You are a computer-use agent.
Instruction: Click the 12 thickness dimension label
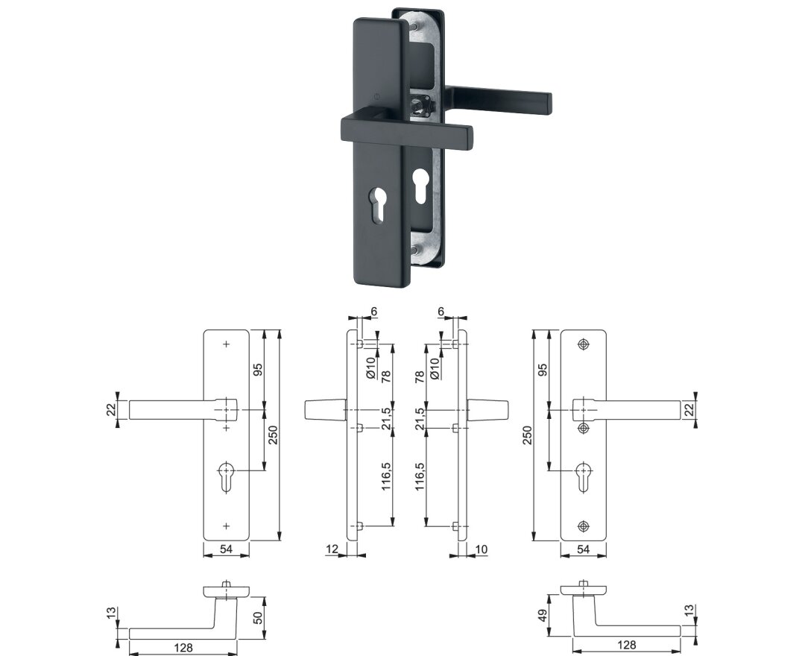(332, 549)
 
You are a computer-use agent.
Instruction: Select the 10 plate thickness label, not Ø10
(481, 549)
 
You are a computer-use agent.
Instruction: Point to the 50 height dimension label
(258, 617)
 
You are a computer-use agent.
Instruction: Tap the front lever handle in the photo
(405, 130)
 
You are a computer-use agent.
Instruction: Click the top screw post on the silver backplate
(413, 24)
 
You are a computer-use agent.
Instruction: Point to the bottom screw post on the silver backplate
(414, 250)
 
